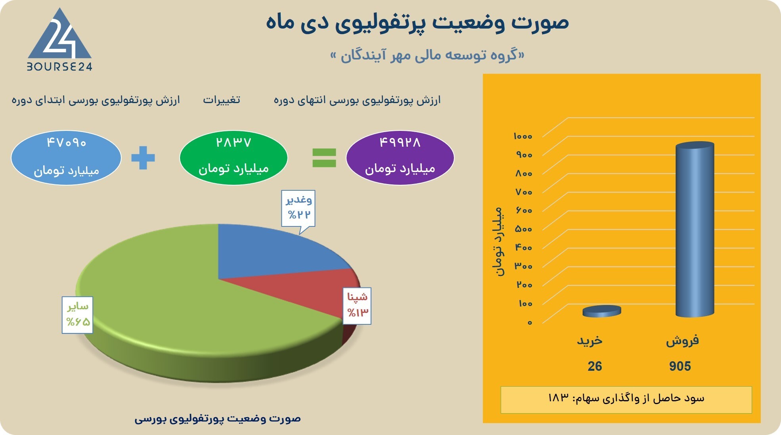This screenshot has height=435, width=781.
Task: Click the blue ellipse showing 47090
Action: point(66,157)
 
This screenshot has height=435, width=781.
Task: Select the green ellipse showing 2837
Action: point(234,157)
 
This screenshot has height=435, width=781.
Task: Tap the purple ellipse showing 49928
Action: point(400,157)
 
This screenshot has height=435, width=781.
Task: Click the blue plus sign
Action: point(143,158)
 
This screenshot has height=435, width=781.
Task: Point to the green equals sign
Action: point(324,158)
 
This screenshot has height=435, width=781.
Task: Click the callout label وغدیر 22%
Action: point(298,208)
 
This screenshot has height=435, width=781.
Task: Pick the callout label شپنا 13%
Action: point(357,305)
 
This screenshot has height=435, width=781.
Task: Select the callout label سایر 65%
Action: point(77,314)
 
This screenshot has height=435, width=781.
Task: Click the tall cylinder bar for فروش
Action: point(695,230)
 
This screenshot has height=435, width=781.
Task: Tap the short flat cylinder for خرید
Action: point(601,311)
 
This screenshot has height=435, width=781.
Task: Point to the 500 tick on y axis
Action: point(523,229)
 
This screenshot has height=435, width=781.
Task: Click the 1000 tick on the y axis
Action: point(523,136)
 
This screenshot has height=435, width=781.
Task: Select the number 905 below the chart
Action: point(680,366)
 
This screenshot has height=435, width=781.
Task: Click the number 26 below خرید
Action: point(594,366)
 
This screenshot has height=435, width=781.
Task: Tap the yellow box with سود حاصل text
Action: point(626,399)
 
